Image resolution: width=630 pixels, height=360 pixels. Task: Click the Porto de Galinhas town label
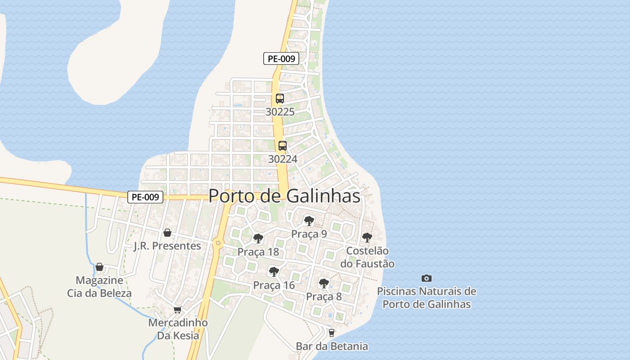(x=284, y=196)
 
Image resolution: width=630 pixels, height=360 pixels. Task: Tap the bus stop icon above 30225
(x=280, y=98)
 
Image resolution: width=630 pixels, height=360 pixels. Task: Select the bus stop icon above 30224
(x=283, y=145)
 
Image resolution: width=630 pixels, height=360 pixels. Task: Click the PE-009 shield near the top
(x=281, y=58)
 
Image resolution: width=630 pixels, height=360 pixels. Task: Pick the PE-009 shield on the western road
(x=145, y=197)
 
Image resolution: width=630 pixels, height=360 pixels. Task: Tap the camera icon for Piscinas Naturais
(x=427, y=278)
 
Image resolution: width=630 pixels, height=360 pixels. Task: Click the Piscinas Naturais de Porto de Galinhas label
(x=427, y=297)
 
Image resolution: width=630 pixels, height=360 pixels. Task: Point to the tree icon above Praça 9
(x=309, y=220)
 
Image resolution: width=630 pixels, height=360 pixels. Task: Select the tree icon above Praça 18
(x=258, y=238)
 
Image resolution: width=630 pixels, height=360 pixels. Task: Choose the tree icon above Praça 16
(x=274, y=271)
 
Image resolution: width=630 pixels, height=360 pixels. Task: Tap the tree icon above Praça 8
(x=324, y=283)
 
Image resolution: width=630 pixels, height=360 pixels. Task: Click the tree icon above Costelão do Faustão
(x=367, y=237)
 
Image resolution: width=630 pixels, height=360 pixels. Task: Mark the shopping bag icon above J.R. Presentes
(x=167, y=233)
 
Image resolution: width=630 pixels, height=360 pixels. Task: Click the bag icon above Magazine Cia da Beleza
(x=99, y=267)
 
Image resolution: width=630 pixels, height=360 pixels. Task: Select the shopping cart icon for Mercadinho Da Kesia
(x=178, y=310)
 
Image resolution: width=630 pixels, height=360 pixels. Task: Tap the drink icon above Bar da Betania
(x=332, y=333)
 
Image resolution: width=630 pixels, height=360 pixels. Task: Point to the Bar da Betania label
(x=332, y=346)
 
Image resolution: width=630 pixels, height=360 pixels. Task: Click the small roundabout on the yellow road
(x=218, y=243)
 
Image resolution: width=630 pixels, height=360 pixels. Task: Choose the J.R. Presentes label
(x=167, y=246)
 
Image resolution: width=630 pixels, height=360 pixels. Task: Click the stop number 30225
(x=280, y=112)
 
